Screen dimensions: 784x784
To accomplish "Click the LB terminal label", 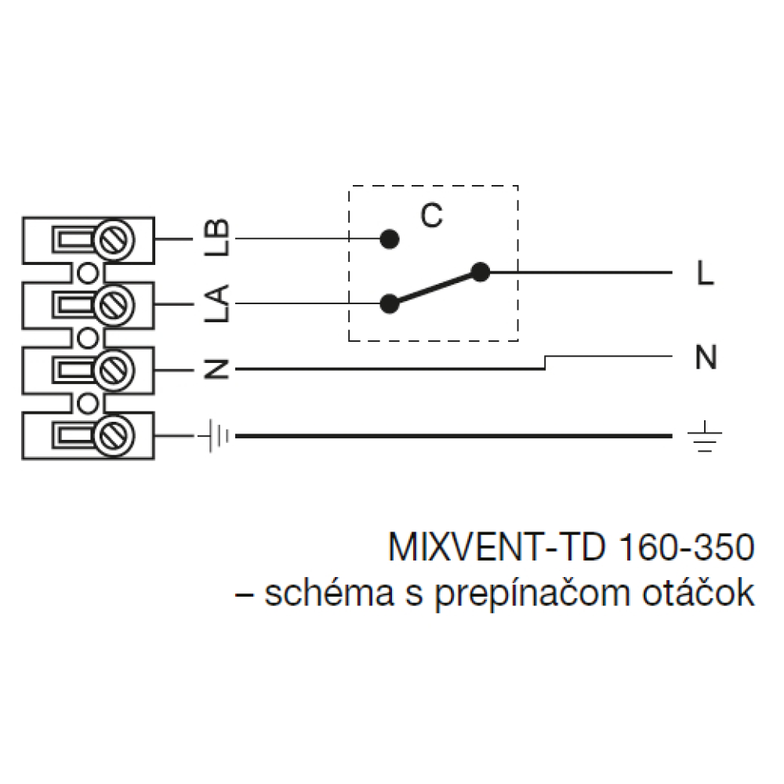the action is coord(217,238).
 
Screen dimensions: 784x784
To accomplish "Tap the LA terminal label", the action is coord(217,303).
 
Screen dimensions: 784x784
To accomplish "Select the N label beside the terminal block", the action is coord(217,369).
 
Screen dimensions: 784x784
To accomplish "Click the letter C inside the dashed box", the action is coord(431,216).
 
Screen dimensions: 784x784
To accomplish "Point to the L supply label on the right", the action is coord(705,273).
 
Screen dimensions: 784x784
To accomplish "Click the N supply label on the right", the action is coord(706,357).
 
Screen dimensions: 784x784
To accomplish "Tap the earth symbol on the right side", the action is coord(705,436).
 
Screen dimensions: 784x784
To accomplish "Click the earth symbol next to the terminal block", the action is coord(216,436).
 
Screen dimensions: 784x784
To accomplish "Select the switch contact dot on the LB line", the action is coord(390,239).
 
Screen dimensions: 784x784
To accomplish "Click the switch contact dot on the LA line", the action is coord(390,303).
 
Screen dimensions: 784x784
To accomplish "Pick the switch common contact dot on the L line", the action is coord(481,273).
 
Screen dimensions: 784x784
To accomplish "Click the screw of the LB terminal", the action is coord(114,240).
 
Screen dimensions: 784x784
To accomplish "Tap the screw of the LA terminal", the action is coord(114,305).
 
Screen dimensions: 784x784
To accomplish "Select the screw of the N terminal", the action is coord(114,371).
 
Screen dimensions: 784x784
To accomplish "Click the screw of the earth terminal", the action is coord(114,435).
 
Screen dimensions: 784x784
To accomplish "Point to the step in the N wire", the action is coord(545,363).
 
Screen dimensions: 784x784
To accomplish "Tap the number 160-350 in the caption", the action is coord(687,547).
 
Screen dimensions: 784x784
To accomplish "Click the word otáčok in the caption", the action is coord(699,592).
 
